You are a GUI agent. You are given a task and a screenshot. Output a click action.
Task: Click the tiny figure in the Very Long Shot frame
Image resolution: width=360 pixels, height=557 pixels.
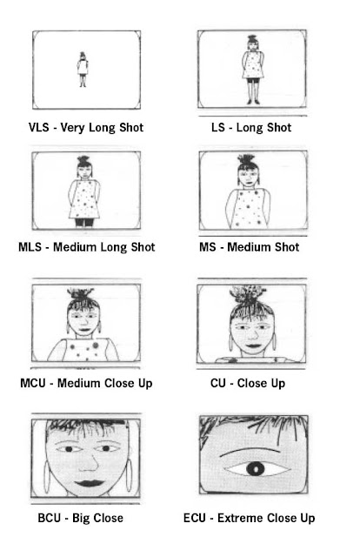(x=83, y=68)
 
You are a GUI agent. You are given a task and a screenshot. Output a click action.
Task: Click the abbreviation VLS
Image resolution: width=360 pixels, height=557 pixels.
(x=39, y=128)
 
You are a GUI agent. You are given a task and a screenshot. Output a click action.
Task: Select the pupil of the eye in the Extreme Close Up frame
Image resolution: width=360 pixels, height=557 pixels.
(x=254, y=469)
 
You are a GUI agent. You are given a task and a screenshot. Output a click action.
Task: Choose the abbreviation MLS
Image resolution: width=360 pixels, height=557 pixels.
(x=32, y=247)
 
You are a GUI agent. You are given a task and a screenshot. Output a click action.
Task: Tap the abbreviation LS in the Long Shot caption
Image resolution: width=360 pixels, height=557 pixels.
(x=220, y=128)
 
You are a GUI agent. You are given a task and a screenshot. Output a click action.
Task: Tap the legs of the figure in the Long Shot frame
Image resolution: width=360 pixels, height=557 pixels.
(x=252, y=90)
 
